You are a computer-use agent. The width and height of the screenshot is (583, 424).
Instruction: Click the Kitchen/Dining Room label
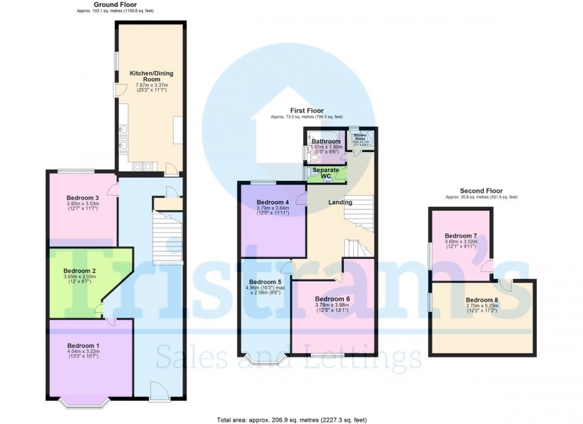click(151, 77)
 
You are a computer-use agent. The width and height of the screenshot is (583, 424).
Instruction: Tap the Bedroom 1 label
click(83, 345)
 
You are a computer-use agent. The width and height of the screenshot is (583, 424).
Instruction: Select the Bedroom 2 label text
click(79, 270)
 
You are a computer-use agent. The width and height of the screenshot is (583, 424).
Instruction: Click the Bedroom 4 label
click(273, 202)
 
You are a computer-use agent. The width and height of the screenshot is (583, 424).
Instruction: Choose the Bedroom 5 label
click(265, 282)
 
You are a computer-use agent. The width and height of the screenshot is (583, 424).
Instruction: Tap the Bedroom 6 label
click(332, 299)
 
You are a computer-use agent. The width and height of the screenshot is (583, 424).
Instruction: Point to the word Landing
click(340, 202)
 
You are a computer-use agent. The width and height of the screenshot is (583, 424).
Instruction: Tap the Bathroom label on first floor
click(326, 141)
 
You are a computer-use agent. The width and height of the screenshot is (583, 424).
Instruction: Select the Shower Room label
click(360, 137)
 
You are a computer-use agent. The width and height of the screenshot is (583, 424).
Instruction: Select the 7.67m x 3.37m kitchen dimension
click(151, 85)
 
